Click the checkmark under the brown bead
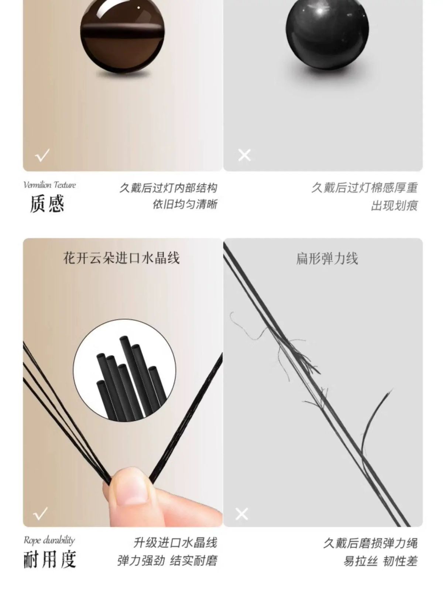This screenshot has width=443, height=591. [x=42, y=155]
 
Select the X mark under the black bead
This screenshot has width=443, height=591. [x=244, y=156]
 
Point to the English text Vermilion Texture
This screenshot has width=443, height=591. [x=50, y=185]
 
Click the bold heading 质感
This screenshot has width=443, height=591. [x=47, y=204]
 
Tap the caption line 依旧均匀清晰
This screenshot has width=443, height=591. [x=185, y=204]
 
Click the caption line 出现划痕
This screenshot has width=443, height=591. [x=394, y=206]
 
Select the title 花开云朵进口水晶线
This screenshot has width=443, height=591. [x=121, y=258]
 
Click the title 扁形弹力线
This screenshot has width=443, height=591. [x=327, y=259]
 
